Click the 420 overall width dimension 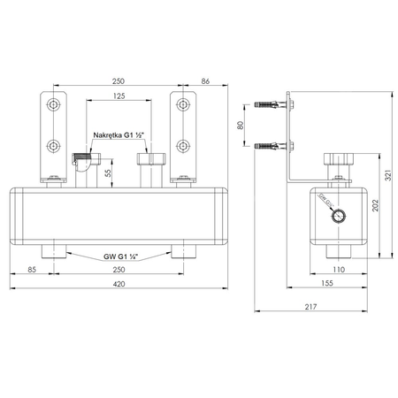[x=119, y=285]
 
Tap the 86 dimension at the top [x=205, y=80]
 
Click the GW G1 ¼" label [x=119, y=256]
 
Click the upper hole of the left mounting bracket [x=55, y=105]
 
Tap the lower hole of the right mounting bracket [x=183, y=143]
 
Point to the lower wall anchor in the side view [x=270, y=144]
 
